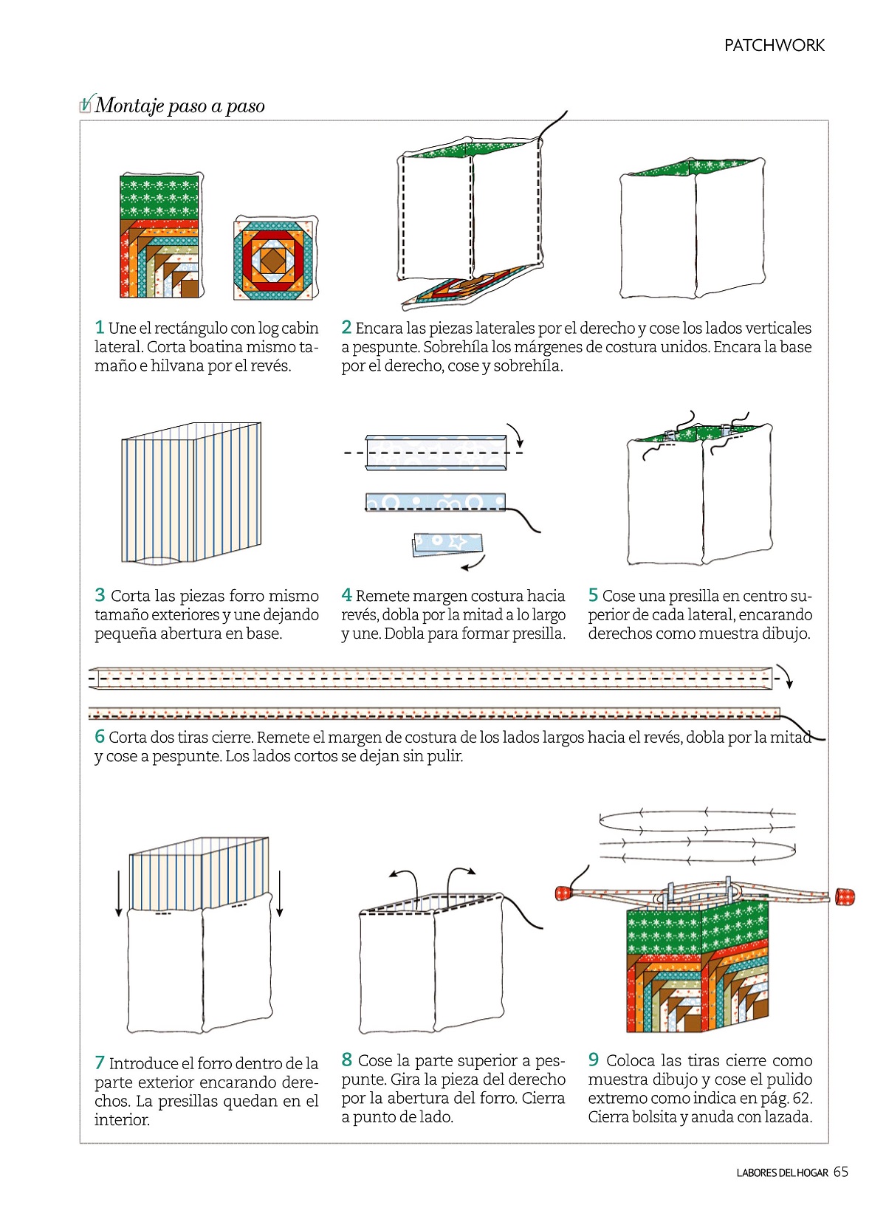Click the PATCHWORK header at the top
pos(774,46)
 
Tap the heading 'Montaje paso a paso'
pos(179,106)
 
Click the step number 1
pos(100,327)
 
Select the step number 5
pos(593,595)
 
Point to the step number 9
pos(594,1060)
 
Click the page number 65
pos(841,1172)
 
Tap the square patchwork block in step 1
pos(273,259)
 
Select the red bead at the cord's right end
pos(845,897)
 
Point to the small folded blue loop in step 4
pos(447,543)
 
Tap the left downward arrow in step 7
pos(119,893)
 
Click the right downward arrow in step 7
pos(280,893)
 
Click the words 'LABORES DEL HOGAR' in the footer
pos(782,1173)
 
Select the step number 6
pos(100,736)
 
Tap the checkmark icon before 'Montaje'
pos(86,105)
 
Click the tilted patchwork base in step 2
pos(468,286)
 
